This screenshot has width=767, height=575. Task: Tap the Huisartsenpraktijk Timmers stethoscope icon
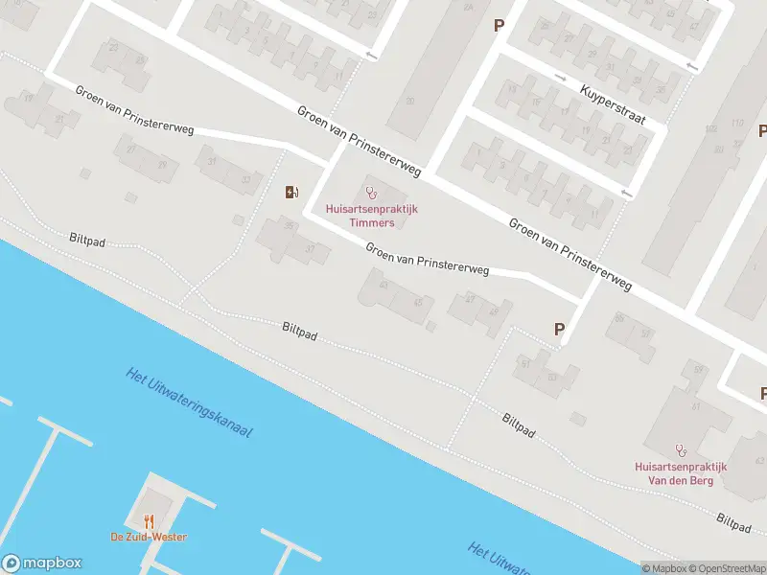tap(372, 193)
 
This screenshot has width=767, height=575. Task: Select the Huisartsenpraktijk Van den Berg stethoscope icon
tap(682, 448)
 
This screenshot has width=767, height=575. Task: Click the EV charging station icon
tap(291, 192)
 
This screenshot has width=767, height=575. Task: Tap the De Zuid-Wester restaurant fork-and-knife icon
tap(149, 521)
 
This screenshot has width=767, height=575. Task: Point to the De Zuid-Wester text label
tap(149, 537)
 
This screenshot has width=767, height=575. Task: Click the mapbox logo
tap(41, 563)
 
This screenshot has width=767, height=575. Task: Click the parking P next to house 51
tap(559, 329)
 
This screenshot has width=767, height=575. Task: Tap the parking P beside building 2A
tap(498, 26)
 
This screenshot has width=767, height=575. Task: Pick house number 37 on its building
tap(310, 249)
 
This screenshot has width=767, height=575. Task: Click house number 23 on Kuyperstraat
tap(627, 150)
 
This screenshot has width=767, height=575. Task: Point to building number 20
tap(409, 100)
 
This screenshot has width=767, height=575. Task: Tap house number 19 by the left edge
tap(28, 98)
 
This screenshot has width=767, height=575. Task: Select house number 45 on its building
tap(417, 302)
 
